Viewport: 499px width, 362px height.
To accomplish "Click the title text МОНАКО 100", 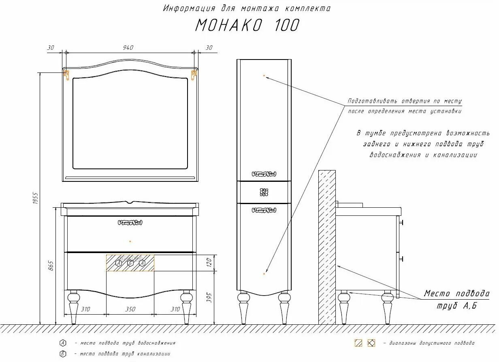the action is click(x=247, y=25).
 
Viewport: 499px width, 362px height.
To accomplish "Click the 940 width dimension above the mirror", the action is click(x=128, y=48).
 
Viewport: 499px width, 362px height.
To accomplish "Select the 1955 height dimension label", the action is click(x=35, y=198).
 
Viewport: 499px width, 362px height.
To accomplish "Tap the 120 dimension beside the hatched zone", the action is click(x=209, y=263).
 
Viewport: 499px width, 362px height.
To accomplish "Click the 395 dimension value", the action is click(x=209, y=298).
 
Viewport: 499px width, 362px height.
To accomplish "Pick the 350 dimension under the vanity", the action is click(x=130, y=309).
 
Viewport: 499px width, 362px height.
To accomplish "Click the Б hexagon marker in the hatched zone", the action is click(x=130, y=263).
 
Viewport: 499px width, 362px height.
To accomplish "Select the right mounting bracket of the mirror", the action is click(x=194, y=74).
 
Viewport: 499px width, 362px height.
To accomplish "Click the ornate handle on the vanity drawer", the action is click(x=130, y=222).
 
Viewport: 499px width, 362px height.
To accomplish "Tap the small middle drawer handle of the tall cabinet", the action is click(x=264, y=192).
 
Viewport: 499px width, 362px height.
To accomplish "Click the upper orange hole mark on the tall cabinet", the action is click(x=264, y=76).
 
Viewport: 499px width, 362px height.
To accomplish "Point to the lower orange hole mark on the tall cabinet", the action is click(x=264, y=274).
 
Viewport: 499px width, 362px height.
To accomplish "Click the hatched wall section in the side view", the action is click(x=327, y=247).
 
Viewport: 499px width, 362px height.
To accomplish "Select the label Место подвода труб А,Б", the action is click(x=456, y=299).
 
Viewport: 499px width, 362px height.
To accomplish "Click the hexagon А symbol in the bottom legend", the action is click(x=63, y=343).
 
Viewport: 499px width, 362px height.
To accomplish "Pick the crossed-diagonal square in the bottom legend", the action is click(x=371, y=343).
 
